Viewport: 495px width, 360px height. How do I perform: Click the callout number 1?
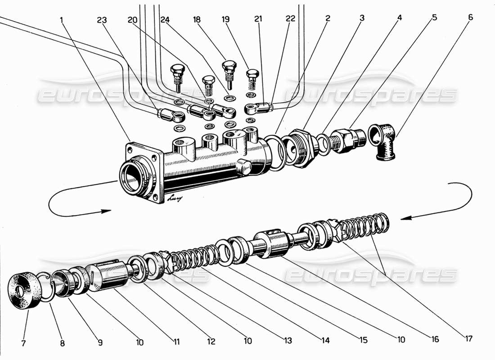pos(62,20)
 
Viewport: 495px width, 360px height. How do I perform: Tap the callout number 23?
pos(103,20)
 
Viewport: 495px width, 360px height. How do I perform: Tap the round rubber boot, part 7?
pos(23,291)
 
